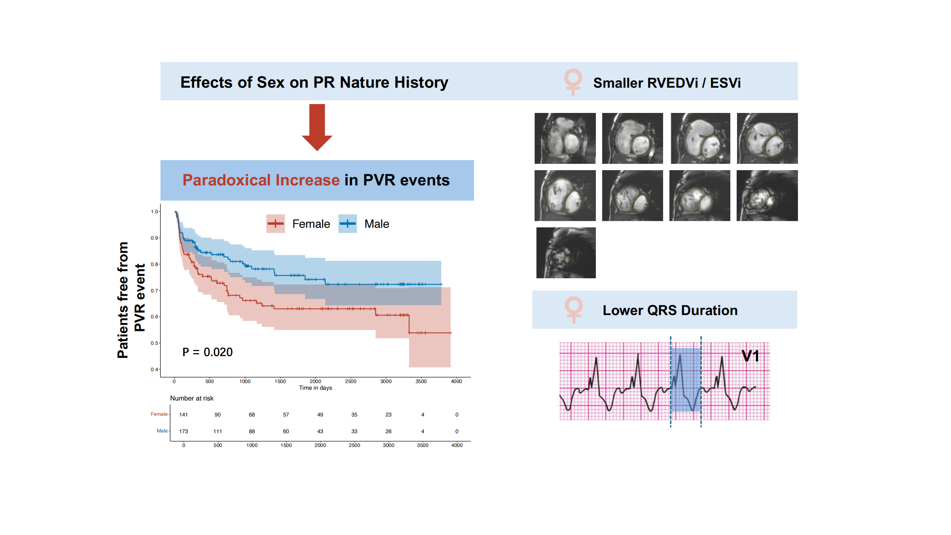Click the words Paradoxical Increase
[x=261, y=180]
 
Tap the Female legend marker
[x=275, y=224]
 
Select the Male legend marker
[x=347, y=224]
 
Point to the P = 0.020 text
[x=207, y=352]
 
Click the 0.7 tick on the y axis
[x=154, y=291]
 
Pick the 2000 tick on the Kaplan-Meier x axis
[x=315, y=381]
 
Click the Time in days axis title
[x=315, y=388]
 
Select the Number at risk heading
[x=192, y=398]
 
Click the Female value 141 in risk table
[x=184, y=415]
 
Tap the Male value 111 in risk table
[x=218, y=431]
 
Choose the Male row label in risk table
[x=162, y=431]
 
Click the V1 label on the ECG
[x=750, y=356]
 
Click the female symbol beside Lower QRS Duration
[x=574, y=309]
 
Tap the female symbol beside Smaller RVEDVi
[x=573, y=82]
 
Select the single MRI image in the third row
[x=566, y=253]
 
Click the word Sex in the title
[x=270, y=82]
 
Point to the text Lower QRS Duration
[x=670, y=310]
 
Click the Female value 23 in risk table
[x=389, y=415]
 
